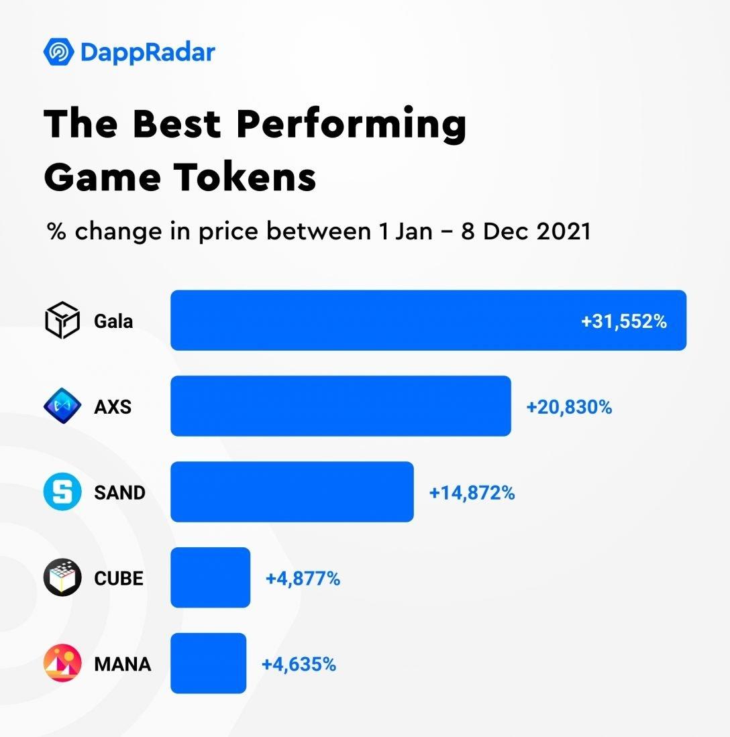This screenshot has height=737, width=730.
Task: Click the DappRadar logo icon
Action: point(58,52)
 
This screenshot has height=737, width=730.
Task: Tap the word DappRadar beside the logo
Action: point(148,52)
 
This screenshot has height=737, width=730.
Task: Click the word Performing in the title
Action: point(352,124)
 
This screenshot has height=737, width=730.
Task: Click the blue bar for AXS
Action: point(340,406)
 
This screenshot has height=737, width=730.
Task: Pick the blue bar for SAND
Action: point(292,492)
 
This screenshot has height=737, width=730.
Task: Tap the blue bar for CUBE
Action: point(210,577)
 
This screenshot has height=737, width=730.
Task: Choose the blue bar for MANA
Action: point(208,663)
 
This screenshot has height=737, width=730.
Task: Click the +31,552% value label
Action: point(624,321)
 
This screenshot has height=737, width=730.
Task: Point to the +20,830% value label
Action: point(569,406)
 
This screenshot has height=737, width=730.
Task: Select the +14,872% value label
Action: point(472,493)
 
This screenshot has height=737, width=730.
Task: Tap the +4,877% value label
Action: point(303,578)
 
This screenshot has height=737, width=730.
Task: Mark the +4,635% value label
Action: point(299,664)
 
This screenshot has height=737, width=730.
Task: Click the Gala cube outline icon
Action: point(62,321)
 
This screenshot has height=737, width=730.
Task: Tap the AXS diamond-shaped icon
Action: point(62,406)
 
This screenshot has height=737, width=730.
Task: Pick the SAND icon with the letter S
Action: point(62,492)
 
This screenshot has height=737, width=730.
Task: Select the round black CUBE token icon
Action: point(62,577)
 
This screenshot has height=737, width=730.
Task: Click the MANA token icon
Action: point(62,663)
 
